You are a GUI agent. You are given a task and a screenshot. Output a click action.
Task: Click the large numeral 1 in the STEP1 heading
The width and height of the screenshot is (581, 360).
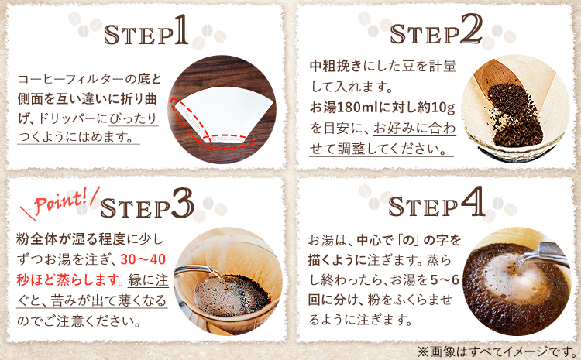181,29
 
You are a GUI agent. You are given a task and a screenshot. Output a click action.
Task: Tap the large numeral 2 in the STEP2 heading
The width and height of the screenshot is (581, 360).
470,29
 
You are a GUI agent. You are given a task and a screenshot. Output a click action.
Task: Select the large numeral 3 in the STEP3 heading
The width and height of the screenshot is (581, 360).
182,203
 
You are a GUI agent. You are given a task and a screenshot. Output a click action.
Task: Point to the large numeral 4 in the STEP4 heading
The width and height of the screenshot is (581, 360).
473,202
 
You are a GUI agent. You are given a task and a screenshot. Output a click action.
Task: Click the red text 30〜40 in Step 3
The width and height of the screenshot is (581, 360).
143,259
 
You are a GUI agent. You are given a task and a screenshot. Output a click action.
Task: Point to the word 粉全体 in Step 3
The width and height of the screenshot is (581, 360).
36,239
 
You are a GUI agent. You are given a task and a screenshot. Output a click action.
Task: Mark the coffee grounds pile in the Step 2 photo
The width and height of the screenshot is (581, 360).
514,114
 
